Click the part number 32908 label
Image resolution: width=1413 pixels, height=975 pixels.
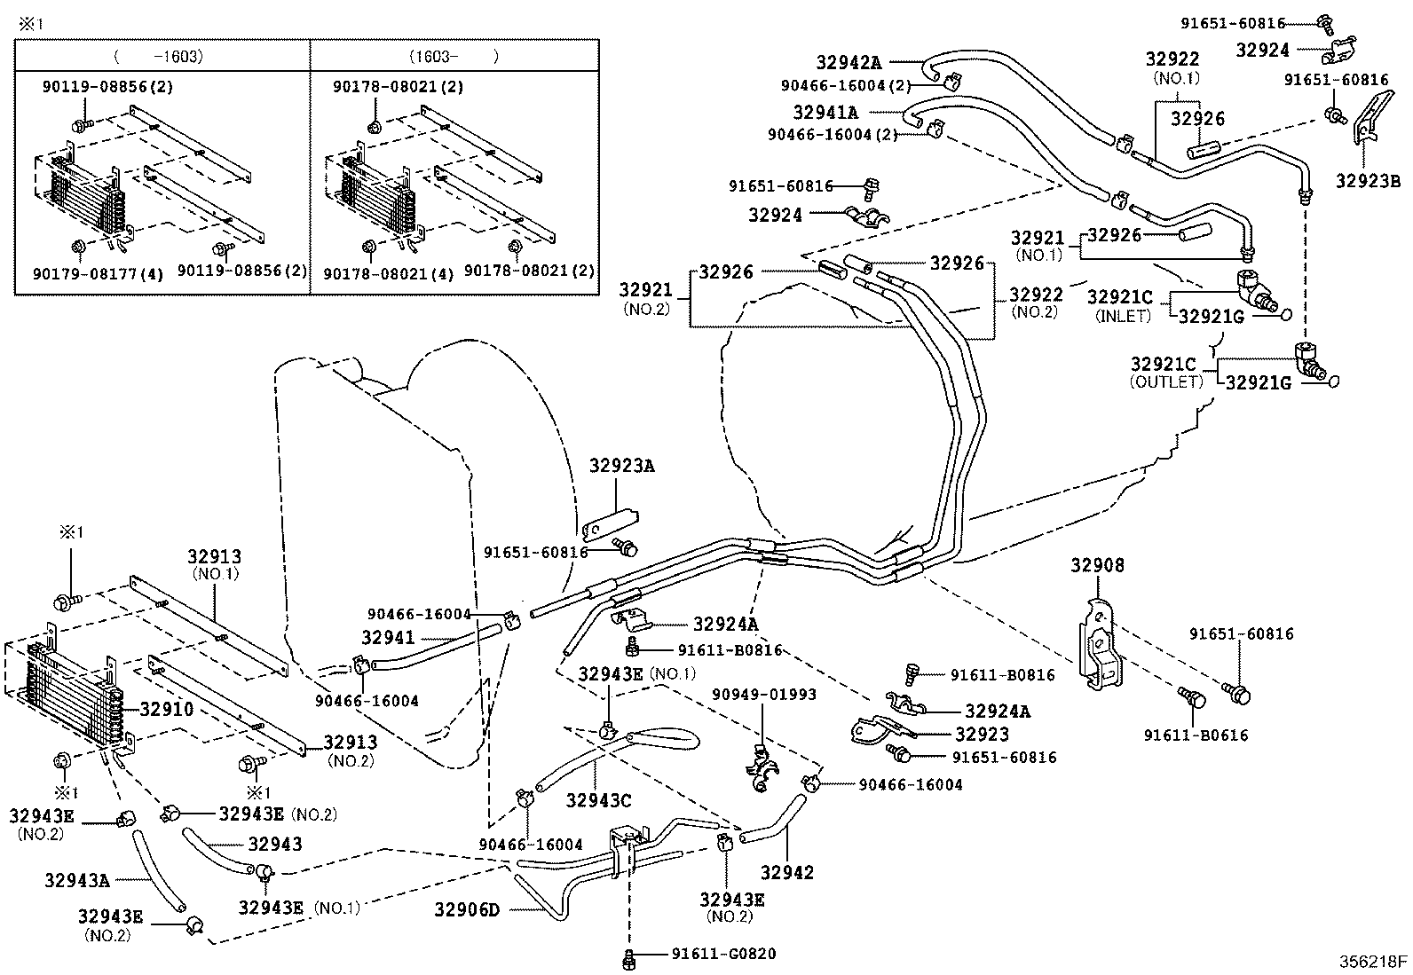coord(1097,566)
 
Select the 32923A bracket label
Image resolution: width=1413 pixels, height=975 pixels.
coord(622,465)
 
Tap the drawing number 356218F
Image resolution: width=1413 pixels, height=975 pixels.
coord(1374,962)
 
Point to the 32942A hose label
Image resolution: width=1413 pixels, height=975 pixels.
coord(849,62)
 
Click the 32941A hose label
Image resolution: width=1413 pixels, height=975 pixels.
coord(825,113)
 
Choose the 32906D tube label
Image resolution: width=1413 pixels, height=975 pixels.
coord(467,909)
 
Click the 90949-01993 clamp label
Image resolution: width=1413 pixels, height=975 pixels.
coord(763,694)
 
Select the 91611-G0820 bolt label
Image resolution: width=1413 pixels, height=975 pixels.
coord(723,955)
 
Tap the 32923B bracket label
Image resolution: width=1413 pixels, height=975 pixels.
coord(1369,182)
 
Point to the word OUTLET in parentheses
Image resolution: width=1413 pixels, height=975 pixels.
coord(1165,382)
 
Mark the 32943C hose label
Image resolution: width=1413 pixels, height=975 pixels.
coord(598,800)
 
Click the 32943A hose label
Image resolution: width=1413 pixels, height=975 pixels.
coord(76,880)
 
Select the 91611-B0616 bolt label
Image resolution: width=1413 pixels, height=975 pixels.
coord(1196,735)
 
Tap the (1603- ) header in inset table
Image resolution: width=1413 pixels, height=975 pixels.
coord(453,56)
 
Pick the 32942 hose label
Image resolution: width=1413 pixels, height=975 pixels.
coord(787,872)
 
